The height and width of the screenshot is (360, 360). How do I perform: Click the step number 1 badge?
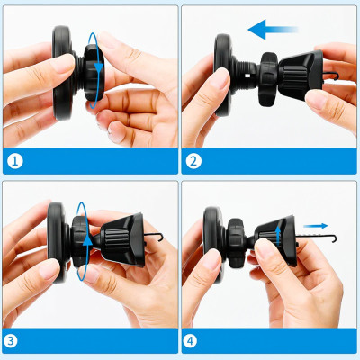click(x=14, y=163)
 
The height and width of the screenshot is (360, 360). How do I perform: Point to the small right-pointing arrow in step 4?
click(x=312, y=227)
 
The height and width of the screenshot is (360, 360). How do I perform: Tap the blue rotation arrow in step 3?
click(x=84, y=236)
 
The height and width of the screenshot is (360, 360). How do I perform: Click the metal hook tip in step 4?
click(x=333, y=239)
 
